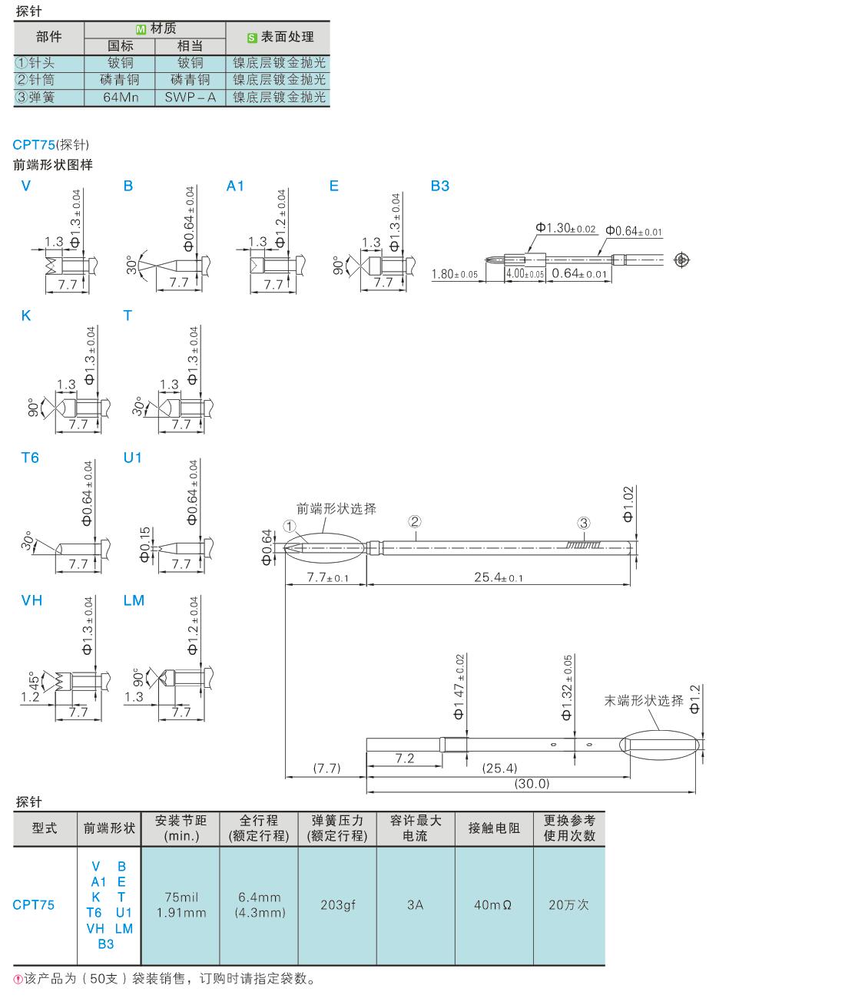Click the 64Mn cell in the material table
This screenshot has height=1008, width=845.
coord(120,97)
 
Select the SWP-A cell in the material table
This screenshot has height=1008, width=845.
coord(190,97)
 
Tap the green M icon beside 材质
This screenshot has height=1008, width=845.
coord(141,29)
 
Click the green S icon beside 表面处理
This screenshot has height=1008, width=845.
coord(251,38)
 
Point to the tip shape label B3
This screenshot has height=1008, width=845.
coord(439,186)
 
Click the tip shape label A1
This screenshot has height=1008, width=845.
coord(235,186)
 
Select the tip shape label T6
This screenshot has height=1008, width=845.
coord(30,458)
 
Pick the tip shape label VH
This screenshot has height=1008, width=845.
coord(31,600)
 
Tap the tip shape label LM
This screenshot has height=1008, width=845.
coord(134,600)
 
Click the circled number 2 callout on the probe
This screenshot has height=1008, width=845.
coord(415,521)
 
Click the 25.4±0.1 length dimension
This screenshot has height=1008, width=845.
coord(499,577)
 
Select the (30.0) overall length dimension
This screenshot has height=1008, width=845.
coord(532,784)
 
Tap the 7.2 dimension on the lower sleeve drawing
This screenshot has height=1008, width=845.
coord(405,758)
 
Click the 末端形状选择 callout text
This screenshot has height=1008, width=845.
coord(643,700)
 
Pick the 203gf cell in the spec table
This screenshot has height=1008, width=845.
coord(337,905)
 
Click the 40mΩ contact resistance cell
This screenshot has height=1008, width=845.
coord(493,905)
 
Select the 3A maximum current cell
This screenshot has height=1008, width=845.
coord(415,905)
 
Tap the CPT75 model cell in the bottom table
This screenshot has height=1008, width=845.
coord(34,905)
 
